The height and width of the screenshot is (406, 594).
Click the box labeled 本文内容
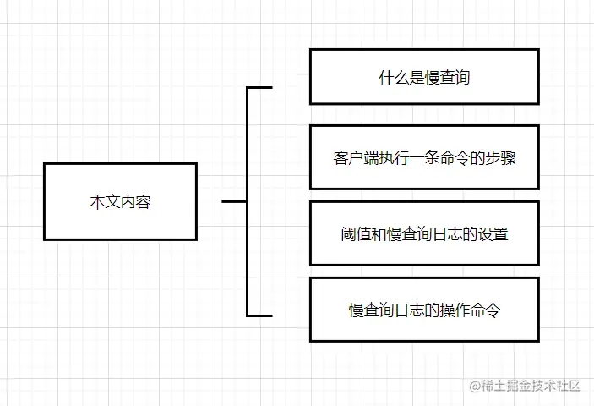(x=120, y=201)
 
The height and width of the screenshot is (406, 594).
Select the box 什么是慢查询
(x=423, y=77)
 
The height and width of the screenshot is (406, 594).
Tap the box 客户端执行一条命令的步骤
(x=423, y=157)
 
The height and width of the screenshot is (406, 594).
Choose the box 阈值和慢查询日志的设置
(x=423, y=233)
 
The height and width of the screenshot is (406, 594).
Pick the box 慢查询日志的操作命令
(x=423, y=310)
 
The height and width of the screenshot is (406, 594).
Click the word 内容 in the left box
(x=135, y=203)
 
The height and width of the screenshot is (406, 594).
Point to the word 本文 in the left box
(x=105, y=203)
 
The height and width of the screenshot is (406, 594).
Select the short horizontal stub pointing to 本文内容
(x=234, y=202)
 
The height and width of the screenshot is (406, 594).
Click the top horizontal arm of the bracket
(x=260, y=87)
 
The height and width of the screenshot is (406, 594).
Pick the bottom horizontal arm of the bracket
(x=260, y=315)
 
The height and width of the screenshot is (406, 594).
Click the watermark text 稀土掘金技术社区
(x=531, y=386)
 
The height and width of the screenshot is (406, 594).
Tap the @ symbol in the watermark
(x=475, y=387)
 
